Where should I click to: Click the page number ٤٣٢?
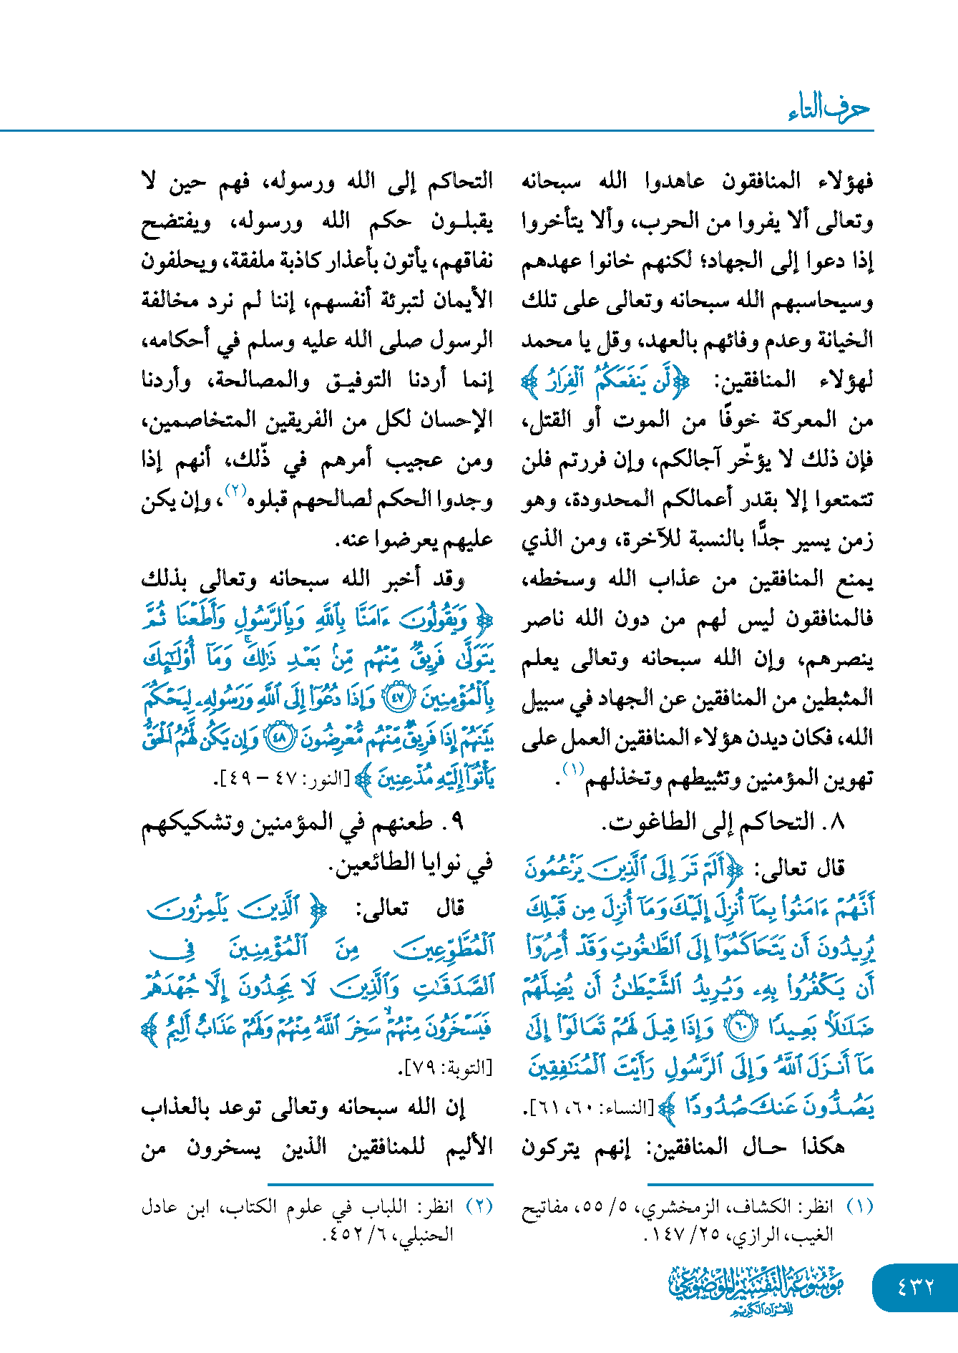click(x=915, y=1286)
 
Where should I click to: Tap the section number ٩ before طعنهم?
click(x=459, y=823)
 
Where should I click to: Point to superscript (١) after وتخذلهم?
click(x=573, y=769)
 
